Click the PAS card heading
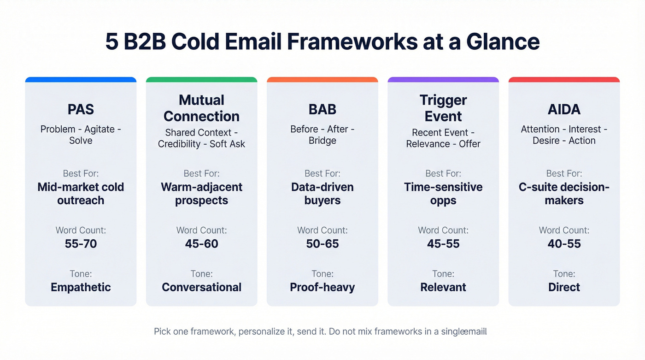tap(81, 109)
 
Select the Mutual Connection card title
tap(201, 108)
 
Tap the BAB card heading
tap(322, 109)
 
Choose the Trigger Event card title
tap(443, 108)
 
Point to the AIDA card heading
tap(564, 109)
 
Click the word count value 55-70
tap(81, 243)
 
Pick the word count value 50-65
tap(322, 243)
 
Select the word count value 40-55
tap(564, 243)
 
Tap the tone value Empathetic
tap(81, 287)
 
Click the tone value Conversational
tap(201, 287)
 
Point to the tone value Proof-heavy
tap(322, 287)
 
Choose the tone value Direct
tap(564, 287)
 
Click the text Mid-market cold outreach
tap(81, 194)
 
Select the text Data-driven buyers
tap(322, 194)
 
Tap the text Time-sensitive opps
tap(443, 194)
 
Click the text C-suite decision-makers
tap(564, 194)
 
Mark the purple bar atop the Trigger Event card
tap(443, 80)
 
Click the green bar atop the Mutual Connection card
tap(201, 80)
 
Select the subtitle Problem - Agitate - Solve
tap(81, 135)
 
